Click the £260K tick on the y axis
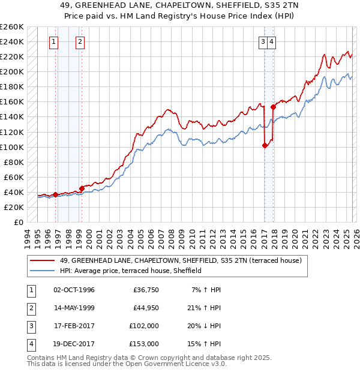coord(12,27)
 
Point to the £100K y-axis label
coord(12,147)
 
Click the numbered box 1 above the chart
coord(55,42)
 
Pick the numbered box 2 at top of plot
coord(80,42)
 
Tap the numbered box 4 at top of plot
coord(272,42)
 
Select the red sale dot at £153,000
coord(274,107)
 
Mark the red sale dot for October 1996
coord(56,194)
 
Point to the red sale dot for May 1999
coord(82,188)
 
